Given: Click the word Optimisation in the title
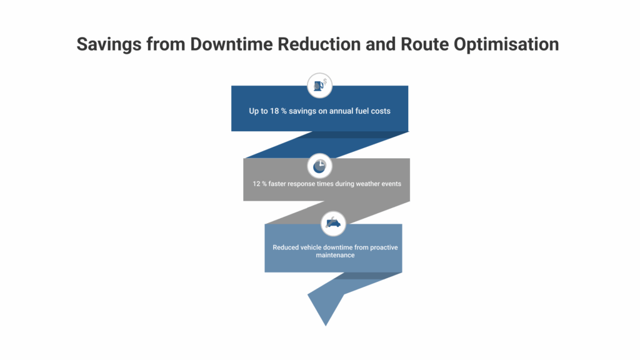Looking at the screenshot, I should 507,44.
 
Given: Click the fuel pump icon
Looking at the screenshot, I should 319,85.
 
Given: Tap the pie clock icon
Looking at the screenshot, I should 319,166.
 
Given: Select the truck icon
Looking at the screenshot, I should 333,222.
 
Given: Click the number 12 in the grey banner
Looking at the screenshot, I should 256,184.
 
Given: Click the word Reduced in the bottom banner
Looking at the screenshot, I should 286,247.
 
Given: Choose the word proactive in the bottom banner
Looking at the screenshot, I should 382,247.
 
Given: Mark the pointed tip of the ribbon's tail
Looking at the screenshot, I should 326,325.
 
